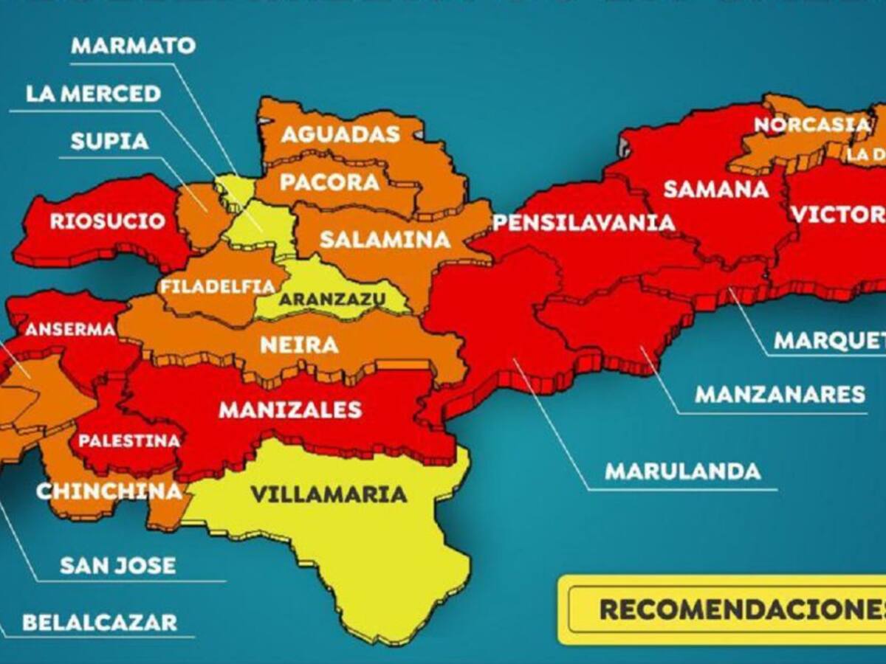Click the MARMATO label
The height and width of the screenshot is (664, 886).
coord(133,45)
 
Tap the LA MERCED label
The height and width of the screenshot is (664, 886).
coord(93,94)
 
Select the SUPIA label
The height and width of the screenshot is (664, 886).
coord(109,141)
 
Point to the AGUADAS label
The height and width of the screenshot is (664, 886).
coord(340,134)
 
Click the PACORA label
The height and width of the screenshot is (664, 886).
coord(330,182)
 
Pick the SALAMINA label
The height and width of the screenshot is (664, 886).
coord(385,239)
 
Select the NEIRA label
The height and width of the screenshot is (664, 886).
coord(299,345)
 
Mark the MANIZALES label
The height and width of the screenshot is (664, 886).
coord(290,409)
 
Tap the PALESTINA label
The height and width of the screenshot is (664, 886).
coord(129,441)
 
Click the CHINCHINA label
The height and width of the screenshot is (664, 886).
coord(109,491)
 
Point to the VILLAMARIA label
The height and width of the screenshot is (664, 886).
coord(329,494)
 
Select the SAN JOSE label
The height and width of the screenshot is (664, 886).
coord(118,566)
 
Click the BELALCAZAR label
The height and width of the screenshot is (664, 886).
coord(100,622)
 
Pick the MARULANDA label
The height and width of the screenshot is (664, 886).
coord(683,471)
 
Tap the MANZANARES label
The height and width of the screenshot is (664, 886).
coord(780,395)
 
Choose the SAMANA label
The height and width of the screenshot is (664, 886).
coord(716,189)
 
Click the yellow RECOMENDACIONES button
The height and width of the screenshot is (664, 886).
coord(738,609)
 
